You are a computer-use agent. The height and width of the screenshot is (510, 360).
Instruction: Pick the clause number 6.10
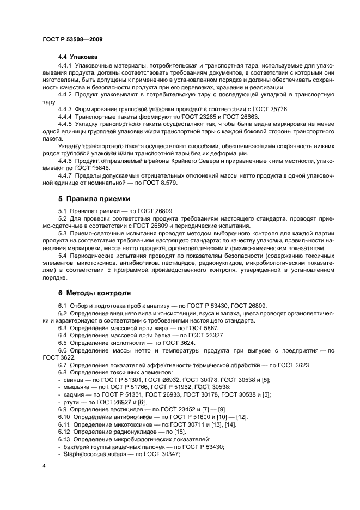[x=65, y=416]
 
